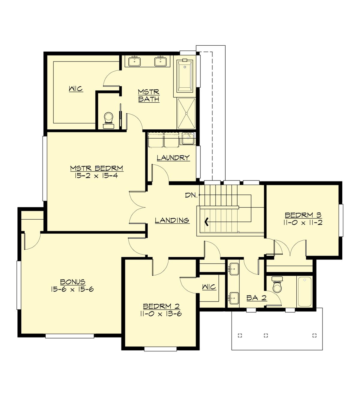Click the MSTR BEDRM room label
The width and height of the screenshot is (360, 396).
tap(97, 168)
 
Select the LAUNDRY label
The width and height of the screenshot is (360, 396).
tap(173, 158)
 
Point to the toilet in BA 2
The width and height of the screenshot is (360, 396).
tap(277, 285)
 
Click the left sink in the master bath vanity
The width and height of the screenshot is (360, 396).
tap(134, 61)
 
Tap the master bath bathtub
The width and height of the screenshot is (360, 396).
tap(184, 76)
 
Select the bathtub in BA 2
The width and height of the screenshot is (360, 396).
tap(304, 291)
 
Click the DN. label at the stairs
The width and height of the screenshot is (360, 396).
tap(191, 195)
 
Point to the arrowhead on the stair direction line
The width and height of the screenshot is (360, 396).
tap(206, 222)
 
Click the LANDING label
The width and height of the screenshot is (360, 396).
tap(172, 220)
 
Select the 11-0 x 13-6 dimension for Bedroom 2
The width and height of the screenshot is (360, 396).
tap(161, 314)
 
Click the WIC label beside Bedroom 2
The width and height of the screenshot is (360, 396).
tap(209, 287)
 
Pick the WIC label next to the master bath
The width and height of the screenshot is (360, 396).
tap(76, 89)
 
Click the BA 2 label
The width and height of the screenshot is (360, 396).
tap(256, 298)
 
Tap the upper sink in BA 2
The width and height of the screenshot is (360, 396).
tap(234, 268)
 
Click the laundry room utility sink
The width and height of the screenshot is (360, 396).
tap(188, 139)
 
